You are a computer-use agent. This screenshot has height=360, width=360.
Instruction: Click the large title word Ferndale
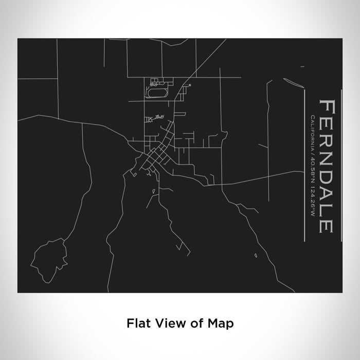328,166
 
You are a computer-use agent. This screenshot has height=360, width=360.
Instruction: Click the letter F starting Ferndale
328,108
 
